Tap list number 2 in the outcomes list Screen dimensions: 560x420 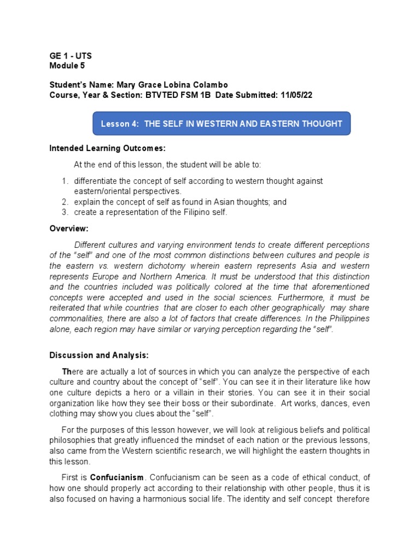pos(64,202)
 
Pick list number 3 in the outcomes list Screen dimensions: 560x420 pos(64,212)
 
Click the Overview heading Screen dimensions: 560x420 pos(68,228)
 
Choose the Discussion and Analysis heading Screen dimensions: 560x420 pos(100,355)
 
